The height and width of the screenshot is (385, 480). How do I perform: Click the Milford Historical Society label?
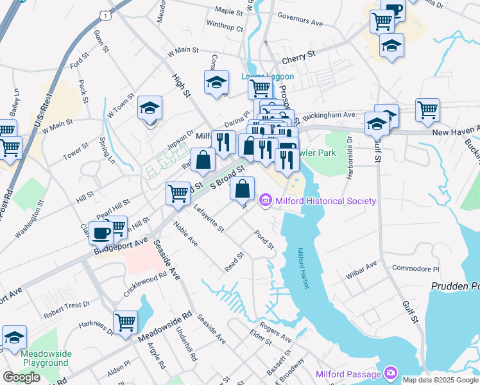point(325,201)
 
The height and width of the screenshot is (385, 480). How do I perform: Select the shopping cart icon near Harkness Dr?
point(125,321)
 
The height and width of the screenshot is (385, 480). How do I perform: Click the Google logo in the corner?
point(21,377)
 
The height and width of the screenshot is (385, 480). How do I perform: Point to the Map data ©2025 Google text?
point(440,380)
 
